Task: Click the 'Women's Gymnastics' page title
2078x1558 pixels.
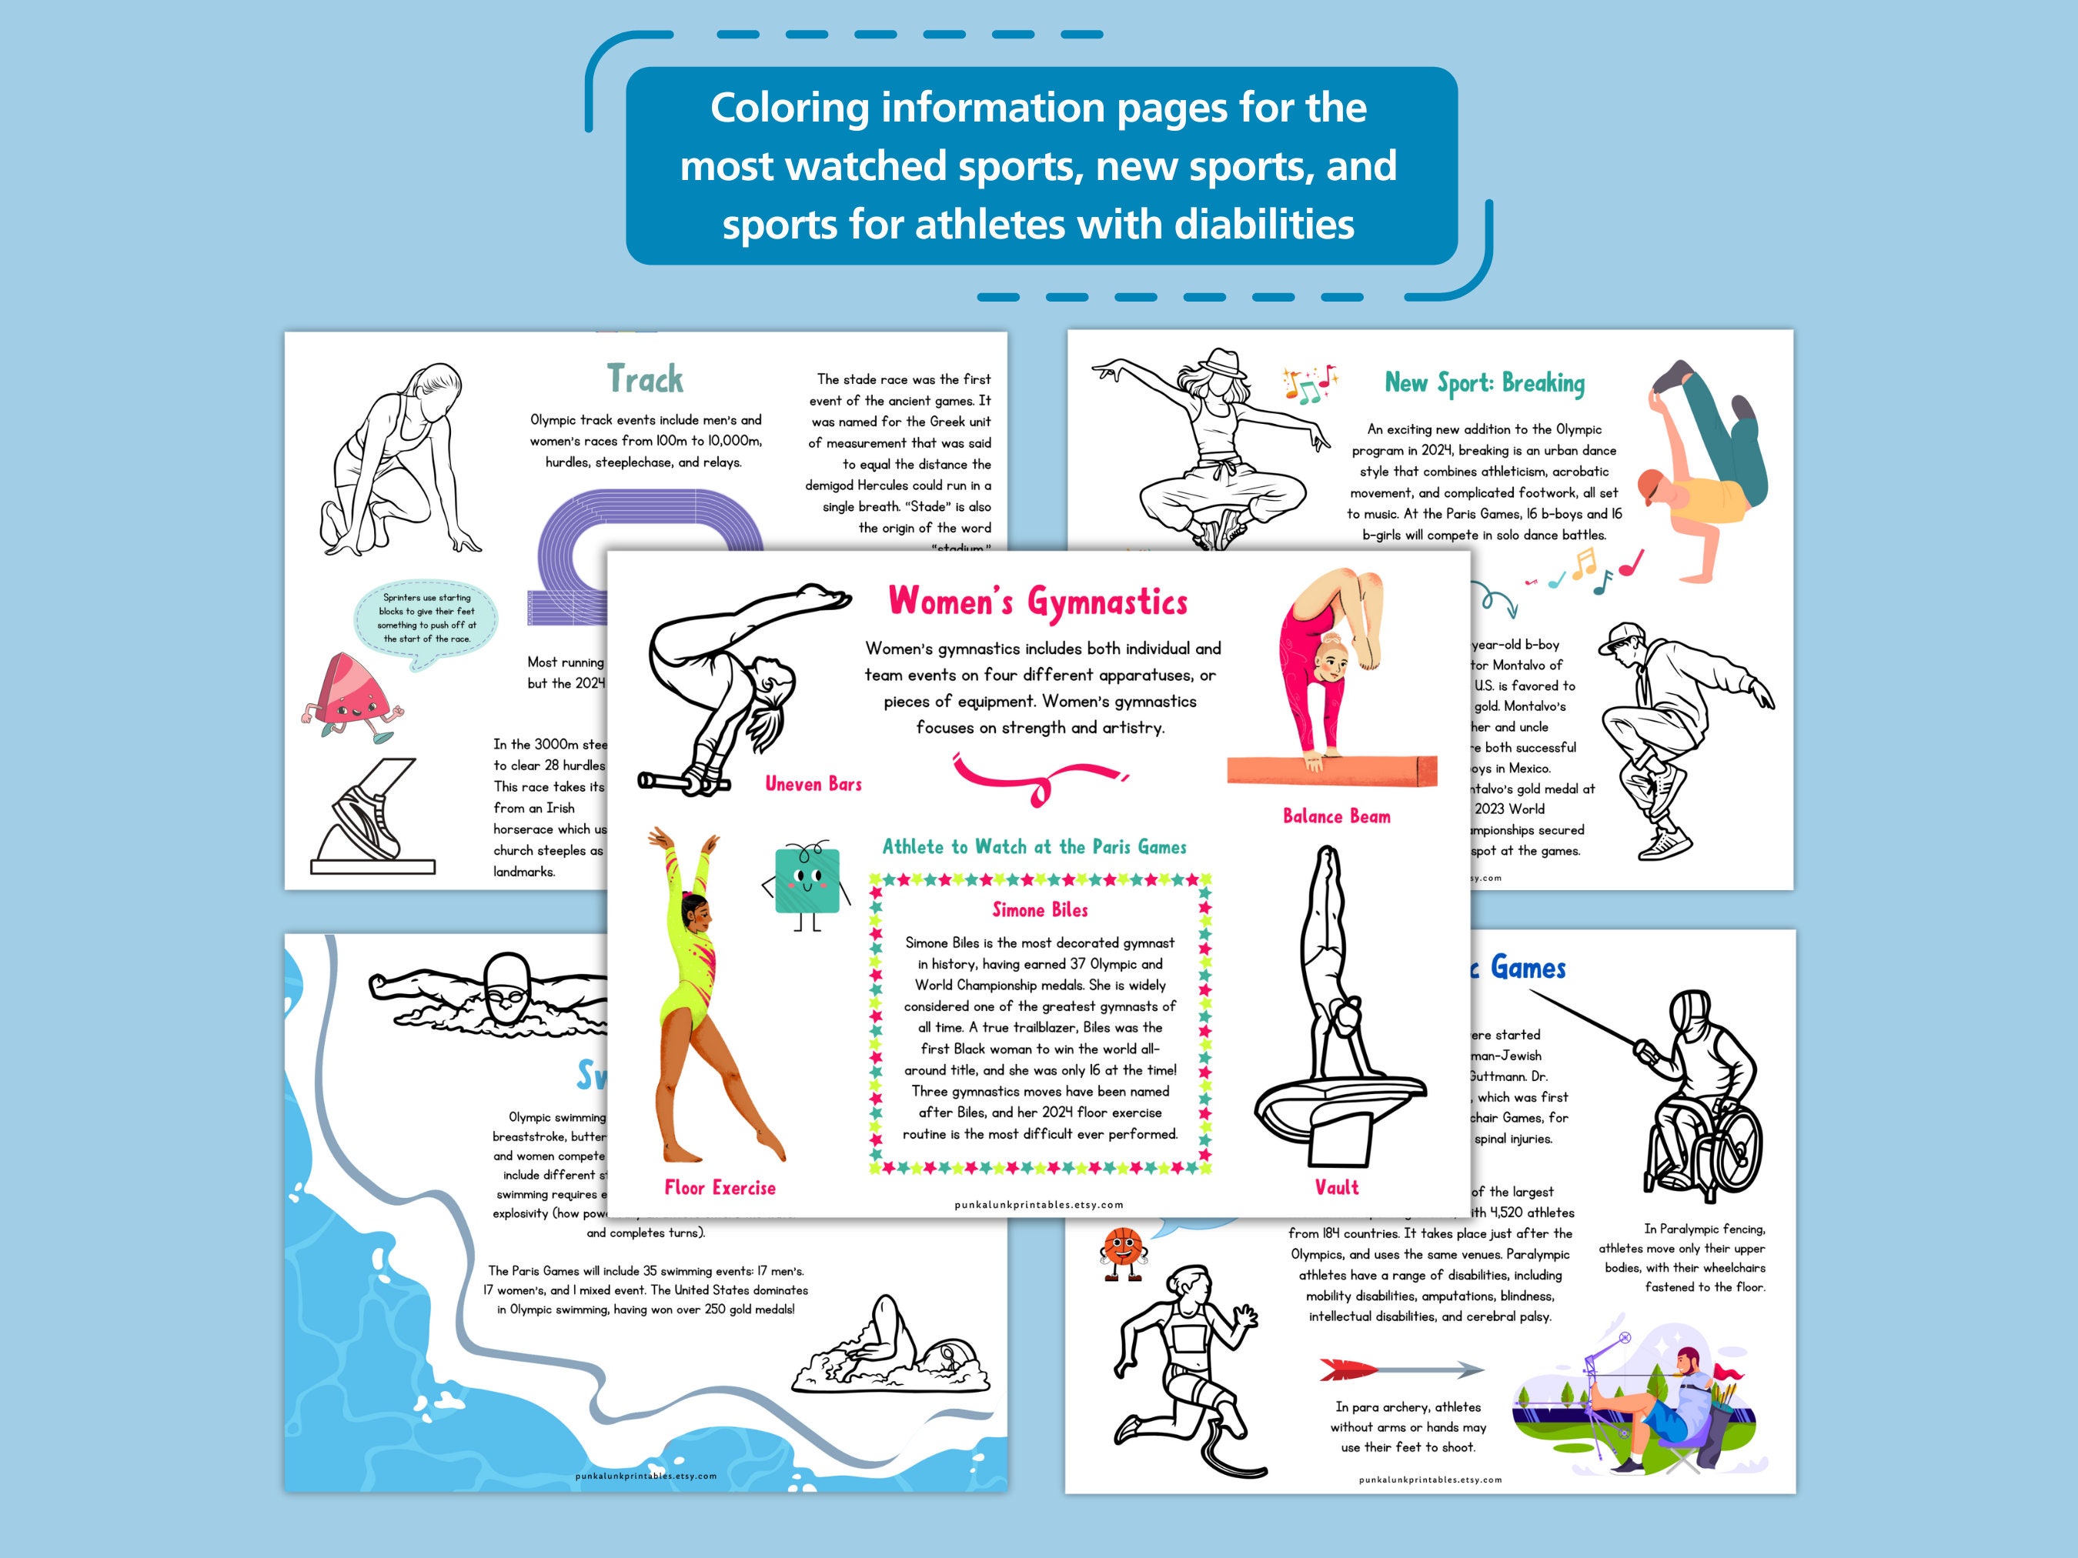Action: (1038, 602)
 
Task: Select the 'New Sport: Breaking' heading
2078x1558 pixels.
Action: (1485, 383)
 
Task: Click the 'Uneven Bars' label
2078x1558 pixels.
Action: (813, 784)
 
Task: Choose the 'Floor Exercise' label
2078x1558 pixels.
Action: (720, 1188)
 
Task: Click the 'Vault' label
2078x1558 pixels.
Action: (1336, 1187)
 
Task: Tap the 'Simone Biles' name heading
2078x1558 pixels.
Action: (1040, 910)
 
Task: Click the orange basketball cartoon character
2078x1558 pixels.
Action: (1120, 1251)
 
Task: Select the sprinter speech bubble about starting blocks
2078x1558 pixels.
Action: (426, 619)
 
